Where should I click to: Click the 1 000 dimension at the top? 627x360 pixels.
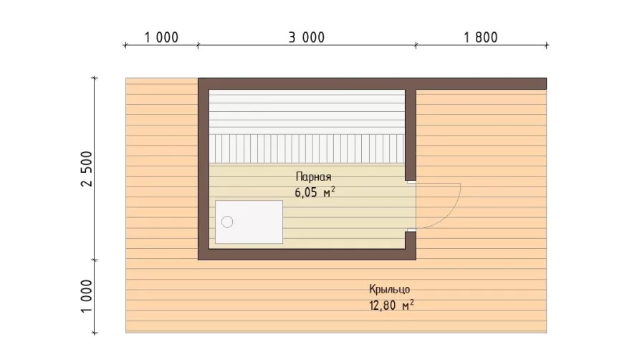(161, 37)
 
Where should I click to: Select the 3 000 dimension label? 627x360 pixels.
(307, 37)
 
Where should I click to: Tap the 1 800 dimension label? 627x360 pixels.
(481, 37)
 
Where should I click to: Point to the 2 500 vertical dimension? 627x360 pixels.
(87, 169)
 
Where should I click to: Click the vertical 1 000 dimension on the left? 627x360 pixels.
(87, 296)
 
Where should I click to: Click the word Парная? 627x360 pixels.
(314, 177)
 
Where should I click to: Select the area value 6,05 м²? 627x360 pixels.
(315, 192)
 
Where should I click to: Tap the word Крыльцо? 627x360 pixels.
(390, 290)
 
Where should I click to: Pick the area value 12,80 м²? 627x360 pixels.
(391, 305)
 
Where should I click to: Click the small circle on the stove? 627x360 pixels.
(227, 222)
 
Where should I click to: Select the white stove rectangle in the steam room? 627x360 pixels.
(249, 222)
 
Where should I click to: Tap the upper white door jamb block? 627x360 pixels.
(411, 181)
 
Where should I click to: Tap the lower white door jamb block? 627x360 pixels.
(411, 230)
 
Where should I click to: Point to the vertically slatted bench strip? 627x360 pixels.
(307, 148)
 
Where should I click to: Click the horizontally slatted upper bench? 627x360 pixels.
(307, 112)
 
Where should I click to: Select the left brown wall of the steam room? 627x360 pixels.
(204, 169)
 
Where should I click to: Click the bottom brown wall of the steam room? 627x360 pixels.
(307, 255)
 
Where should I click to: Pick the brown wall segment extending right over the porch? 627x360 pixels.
(482, 84)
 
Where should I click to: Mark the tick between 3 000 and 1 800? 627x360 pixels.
(416, 45)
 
